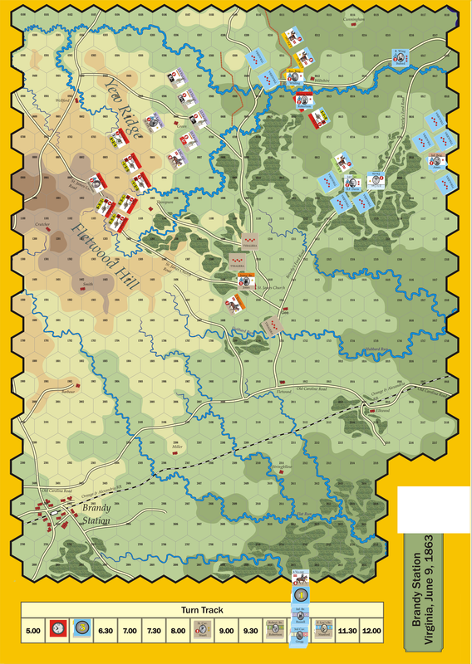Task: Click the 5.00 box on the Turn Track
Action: (x=33, y=632)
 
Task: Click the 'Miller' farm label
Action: (x=177, y=446)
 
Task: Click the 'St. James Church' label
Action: (x=270, y=288)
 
